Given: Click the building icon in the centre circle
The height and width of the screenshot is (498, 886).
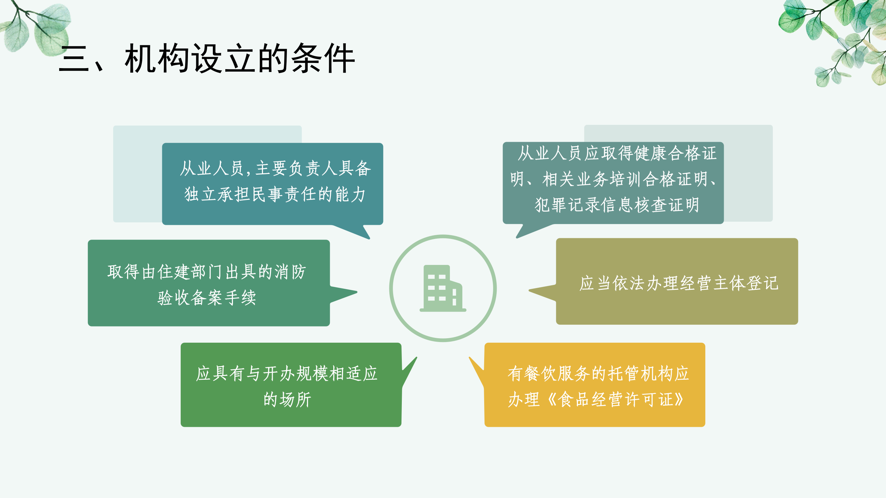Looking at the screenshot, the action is pos(443,288).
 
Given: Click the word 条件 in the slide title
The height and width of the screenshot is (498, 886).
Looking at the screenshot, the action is pos(323,58).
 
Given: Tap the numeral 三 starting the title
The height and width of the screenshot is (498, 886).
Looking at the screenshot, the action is pos(74,59).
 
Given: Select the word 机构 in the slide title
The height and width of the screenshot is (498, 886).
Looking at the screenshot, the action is pos(157,58).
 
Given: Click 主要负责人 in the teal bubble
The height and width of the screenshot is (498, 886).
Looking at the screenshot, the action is pos(296,168).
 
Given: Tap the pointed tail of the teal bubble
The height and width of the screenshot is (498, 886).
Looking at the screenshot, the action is pos(369,238).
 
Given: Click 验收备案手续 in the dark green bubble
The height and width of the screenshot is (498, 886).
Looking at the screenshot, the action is pos(207,297).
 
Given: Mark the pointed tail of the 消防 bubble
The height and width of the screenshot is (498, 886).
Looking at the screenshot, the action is pos(356,293).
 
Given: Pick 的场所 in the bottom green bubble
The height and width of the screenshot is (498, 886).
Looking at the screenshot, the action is pos(287,399).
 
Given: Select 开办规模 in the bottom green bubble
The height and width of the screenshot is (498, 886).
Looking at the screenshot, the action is pos(296,373).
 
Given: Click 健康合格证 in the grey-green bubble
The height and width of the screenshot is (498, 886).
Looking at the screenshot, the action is pos(676,153).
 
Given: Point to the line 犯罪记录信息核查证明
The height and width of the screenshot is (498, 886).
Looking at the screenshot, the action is pos(617,205).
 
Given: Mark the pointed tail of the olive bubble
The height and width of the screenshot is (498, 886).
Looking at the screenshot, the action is pos(530,290).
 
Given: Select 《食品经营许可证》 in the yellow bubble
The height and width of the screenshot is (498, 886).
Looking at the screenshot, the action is pos(615,399).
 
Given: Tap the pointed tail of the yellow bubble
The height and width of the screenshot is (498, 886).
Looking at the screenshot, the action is pos(470,358).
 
